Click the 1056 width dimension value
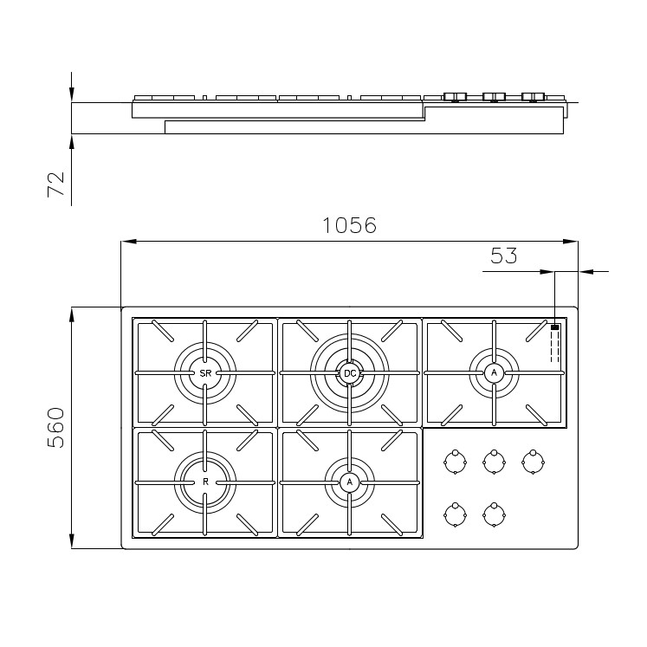[349, 225]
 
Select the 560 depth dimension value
[55, 428]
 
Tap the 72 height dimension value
[56, 184]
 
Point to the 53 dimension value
[504, 256]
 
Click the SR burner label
[205, 373]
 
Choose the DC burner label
[350, 373]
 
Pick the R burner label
[205, 482]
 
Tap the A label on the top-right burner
[494, 372]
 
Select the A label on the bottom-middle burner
[350, 482]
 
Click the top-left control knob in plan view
[455, 462]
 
